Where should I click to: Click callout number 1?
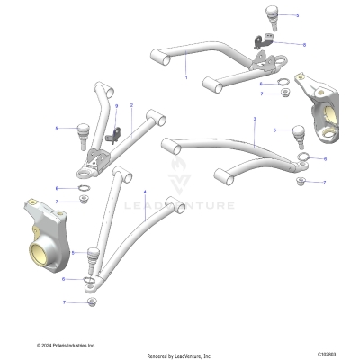(186, 77)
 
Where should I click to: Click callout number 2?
(132, 105)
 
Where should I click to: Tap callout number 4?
(144, 192)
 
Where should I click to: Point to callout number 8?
(303, 44)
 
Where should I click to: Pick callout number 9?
(116, 107)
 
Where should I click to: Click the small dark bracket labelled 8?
(262, 42)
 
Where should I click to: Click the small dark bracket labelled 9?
(114, 135)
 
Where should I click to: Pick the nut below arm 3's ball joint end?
(300, 182)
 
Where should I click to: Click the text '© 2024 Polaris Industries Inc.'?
(66, 345)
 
